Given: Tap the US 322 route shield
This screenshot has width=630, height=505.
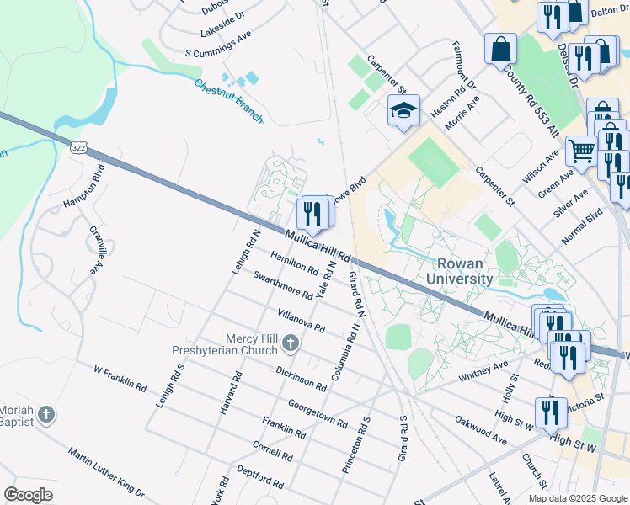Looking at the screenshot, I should [x=77, y=147].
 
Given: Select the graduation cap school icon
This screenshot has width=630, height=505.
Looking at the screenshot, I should [x=403, y=111].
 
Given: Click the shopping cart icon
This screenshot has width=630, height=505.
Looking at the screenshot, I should [x=580, y=151].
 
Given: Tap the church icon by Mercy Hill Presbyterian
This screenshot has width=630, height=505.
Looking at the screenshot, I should [x=291, y=343].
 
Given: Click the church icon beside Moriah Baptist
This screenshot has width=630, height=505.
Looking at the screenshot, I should [x=46, y=415].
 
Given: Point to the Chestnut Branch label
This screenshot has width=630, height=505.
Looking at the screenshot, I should [x=228, y=101].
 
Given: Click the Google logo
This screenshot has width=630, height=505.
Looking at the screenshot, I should [x=29, y=495].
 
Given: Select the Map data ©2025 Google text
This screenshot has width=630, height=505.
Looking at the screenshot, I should [x=578, y=498].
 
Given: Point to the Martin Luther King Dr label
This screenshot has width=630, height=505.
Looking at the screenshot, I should [x=106, y=472].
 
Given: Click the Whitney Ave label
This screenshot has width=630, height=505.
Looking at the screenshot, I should [x=483, y=372].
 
